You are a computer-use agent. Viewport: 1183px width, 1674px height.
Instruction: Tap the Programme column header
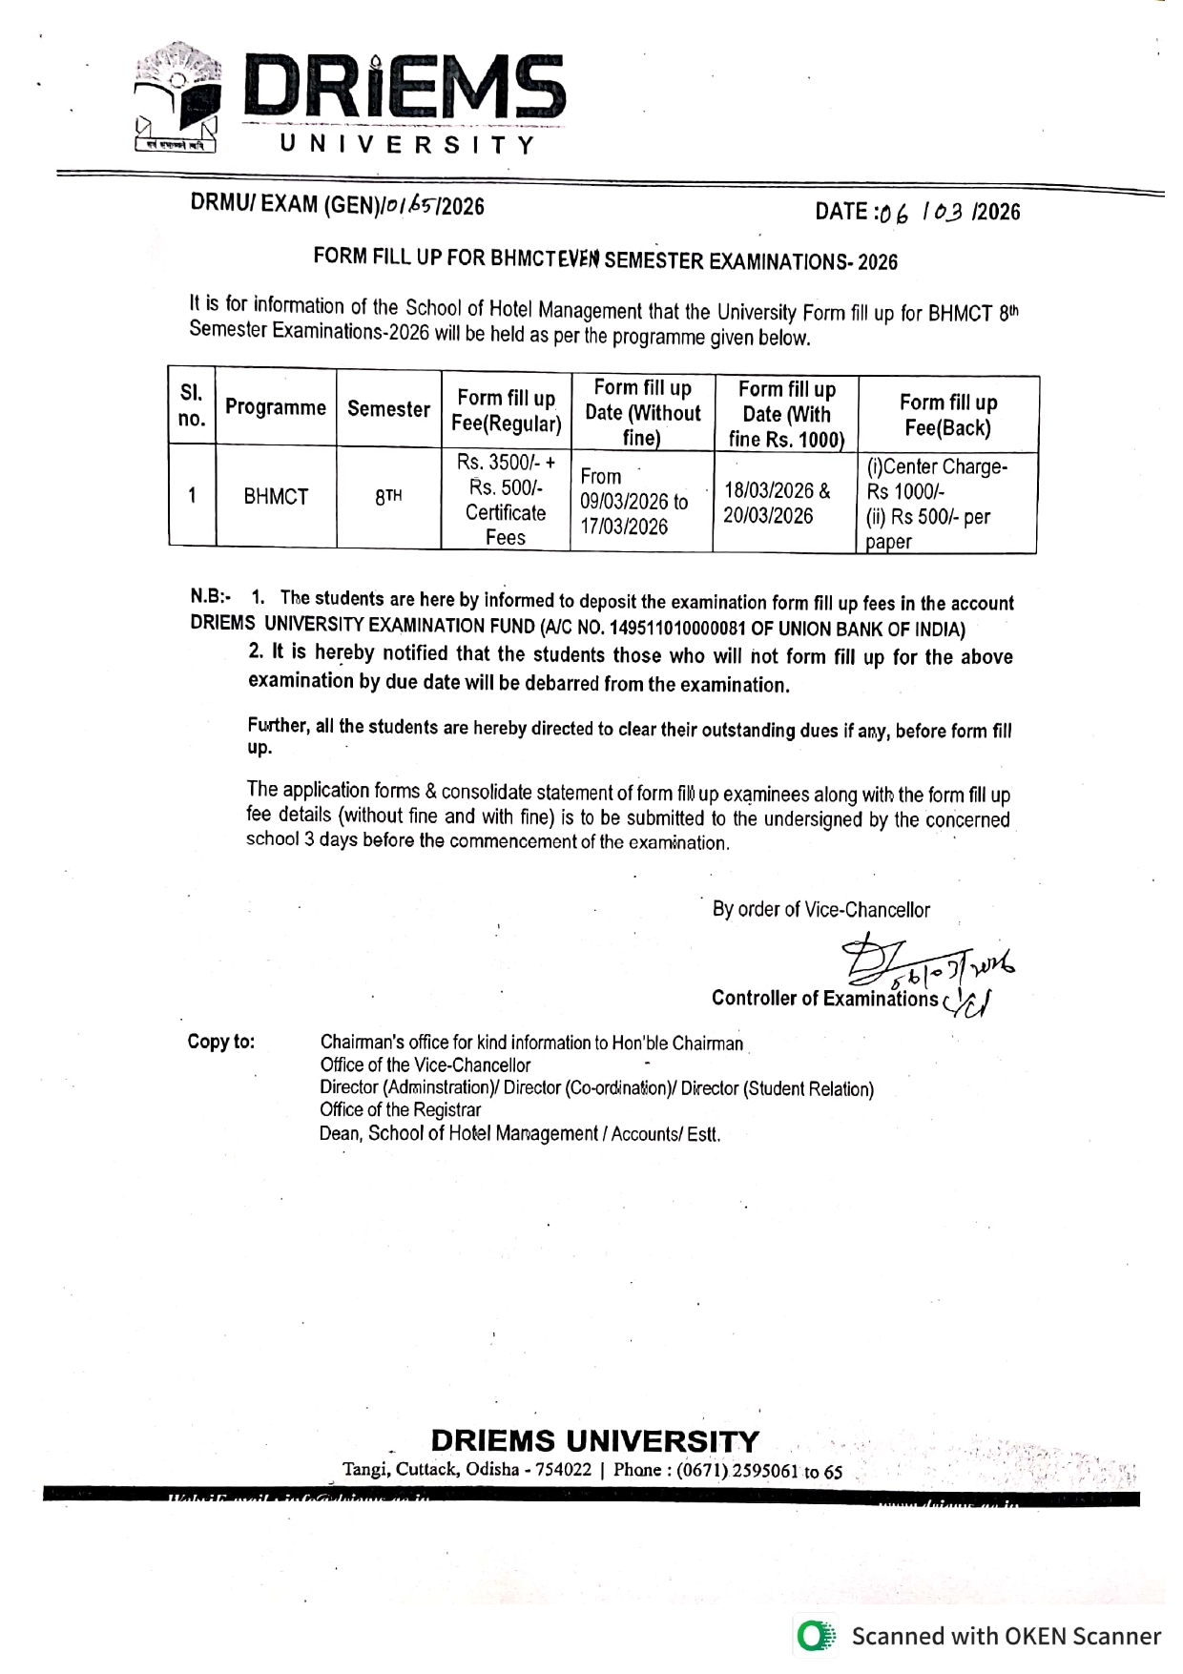(x=276, y=408)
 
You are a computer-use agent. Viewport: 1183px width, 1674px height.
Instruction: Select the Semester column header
(x=388, y=409)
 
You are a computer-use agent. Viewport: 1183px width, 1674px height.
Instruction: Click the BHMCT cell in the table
(x=276, y=497)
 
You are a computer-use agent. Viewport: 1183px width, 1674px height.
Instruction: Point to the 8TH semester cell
(x=387, y=497)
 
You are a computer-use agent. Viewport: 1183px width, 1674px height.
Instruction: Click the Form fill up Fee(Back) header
(x=947, y=415)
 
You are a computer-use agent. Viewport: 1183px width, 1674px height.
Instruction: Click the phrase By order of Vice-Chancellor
(x=820, y=910)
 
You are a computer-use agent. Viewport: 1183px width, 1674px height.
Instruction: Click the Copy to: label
(x=221, y=1042)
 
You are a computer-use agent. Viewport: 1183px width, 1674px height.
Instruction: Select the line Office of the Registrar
(x=401, y=1110)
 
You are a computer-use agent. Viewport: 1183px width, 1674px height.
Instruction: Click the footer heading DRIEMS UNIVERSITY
(x=595, y=1440)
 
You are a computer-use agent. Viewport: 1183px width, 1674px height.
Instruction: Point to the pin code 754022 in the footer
(x=564, y=1470)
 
